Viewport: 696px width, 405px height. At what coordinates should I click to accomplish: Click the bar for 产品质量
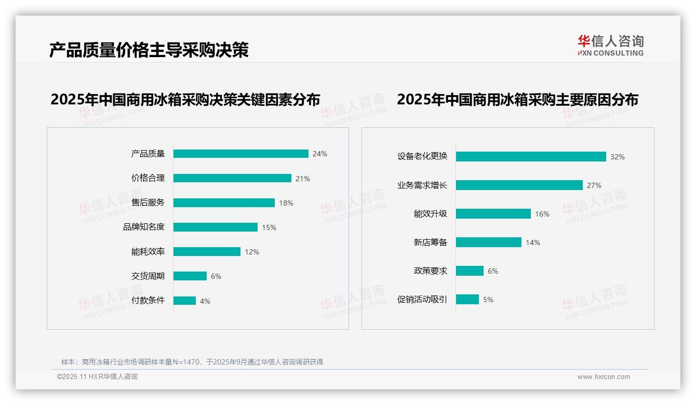241,154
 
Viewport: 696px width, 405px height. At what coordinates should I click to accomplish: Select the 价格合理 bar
232,178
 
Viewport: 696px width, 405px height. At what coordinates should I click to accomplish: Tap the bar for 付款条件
184,301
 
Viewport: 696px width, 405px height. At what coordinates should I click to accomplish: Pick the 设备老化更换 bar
531,157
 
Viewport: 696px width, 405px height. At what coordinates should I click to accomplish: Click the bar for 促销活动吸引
467,300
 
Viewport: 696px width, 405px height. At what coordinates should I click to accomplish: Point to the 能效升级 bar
493,214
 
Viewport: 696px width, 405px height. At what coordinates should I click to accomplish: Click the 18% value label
286,203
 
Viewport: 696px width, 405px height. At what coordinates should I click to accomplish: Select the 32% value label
618,157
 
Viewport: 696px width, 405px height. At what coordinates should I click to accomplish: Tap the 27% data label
594,185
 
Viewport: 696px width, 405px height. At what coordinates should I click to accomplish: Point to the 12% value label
252,252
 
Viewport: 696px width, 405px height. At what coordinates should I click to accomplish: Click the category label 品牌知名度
144,227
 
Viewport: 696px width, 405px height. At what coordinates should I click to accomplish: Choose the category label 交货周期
148,276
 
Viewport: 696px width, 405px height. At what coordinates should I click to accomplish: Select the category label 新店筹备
431,242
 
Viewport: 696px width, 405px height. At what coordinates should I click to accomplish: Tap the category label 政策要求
431,271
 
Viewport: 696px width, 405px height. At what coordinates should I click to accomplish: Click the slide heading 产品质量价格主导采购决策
149,50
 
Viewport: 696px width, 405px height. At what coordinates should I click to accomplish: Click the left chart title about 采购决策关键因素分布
185,99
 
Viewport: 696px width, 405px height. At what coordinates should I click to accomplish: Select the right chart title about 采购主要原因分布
518,99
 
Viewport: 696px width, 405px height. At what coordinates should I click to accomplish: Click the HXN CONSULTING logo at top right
611,46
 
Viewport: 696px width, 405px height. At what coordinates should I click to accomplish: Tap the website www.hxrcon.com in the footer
604,377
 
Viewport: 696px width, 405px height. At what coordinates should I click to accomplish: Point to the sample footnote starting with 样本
192,362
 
